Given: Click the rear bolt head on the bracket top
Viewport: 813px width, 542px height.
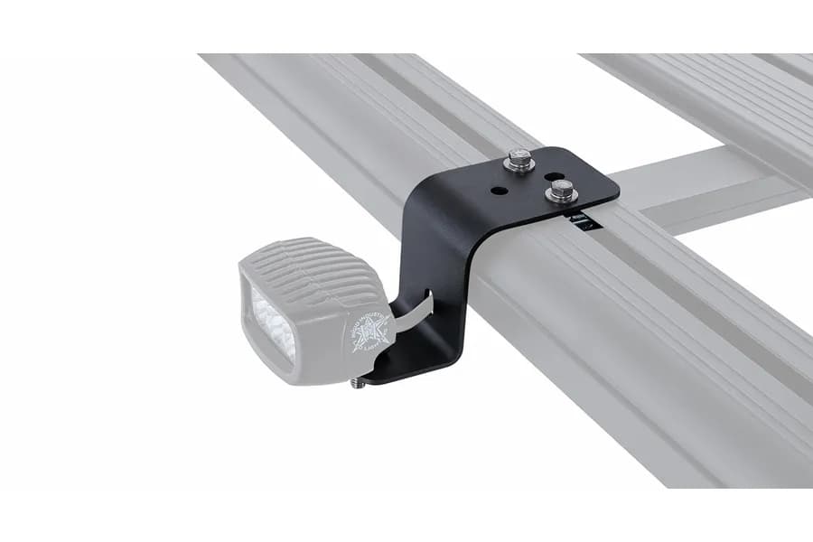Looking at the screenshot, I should [x=519, y=160].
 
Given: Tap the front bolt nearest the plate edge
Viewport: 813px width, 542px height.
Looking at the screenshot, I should [x=560, y=189].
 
